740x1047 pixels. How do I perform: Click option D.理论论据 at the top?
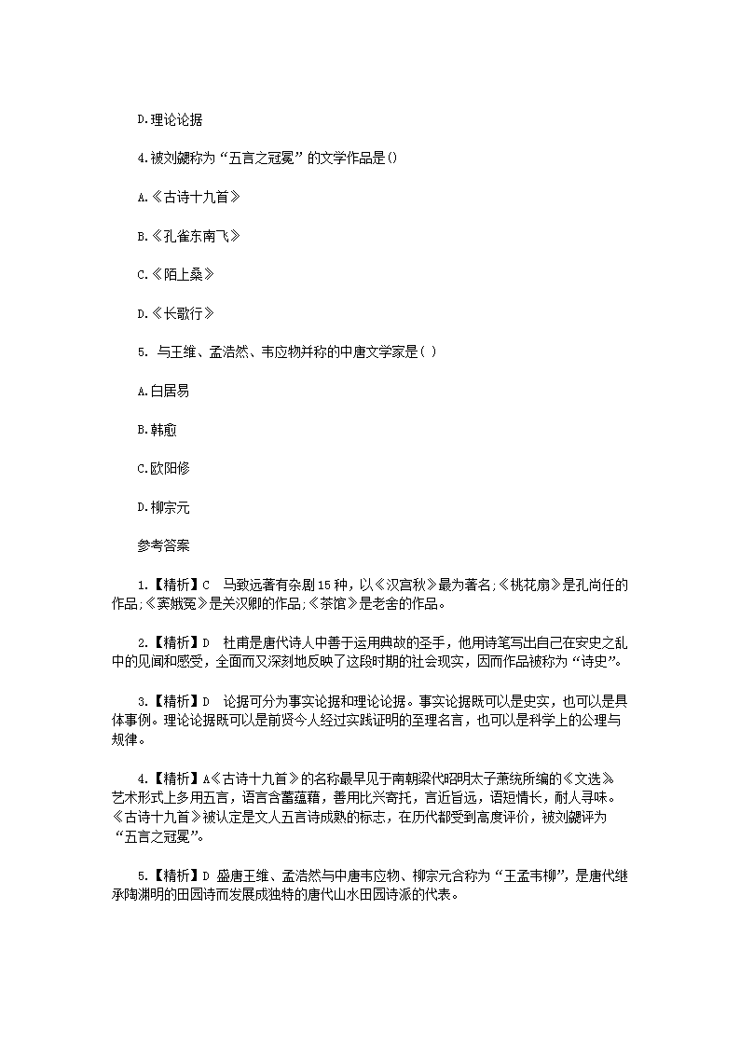pos(171,119)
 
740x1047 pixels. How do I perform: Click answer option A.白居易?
pos(163,391)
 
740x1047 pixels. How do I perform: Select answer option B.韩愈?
pos(157,430)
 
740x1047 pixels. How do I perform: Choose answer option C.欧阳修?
pos(163,468)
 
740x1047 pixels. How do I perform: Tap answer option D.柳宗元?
pos(163,507)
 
